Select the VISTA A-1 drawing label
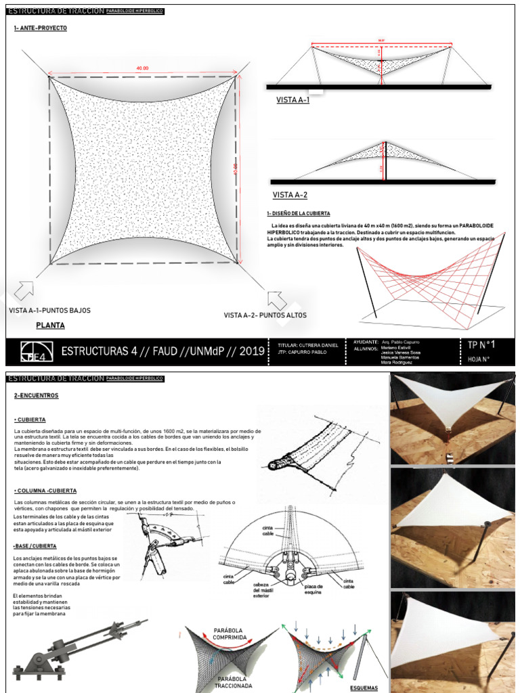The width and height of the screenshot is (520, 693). tap(292, 100)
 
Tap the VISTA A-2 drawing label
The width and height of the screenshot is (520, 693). tap(290, 195)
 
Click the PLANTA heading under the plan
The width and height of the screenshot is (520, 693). tap(50, 326)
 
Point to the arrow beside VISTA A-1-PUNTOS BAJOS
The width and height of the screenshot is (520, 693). tap(25, 290)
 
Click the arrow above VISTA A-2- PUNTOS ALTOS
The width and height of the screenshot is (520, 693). tap(278, 301)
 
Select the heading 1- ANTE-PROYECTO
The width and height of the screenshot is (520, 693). tap(40, 28)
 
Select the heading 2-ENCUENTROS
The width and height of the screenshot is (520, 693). tap(36, 395)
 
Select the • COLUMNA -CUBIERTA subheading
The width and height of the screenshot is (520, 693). tap(45, 489)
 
